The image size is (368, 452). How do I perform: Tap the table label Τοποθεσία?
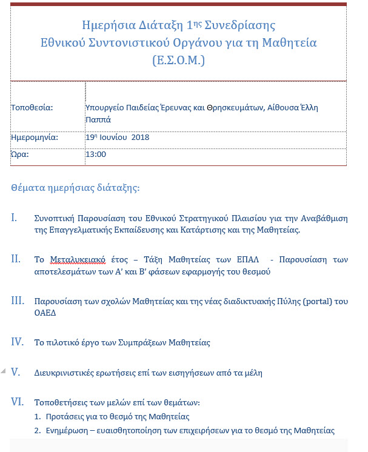click(x=32, y=108)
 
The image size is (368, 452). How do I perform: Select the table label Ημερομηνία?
click(x=35, y=138)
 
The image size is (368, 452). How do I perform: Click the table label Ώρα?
click(x=20, y=155)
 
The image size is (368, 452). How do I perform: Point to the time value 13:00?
click(x=96, y=155)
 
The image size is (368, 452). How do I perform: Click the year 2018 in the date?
click(x=140, y=138)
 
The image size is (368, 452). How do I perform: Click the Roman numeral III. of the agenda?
click(x=18, y=301)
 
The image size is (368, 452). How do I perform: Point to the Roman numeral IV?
click(x=18, y=342)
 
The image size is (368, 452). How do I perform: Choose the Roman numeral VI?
click(x=18, y=401)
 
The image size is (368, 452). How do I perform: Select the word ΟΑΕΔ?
click(x=47, y=313)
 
